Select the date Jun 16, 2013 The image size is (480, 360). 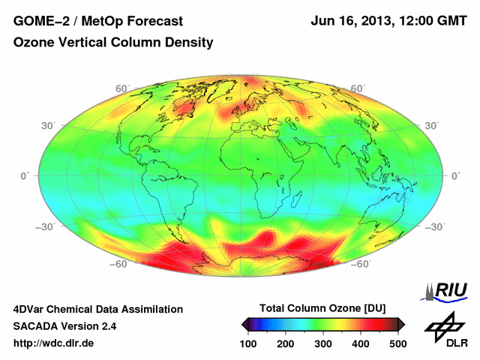click(349, 21)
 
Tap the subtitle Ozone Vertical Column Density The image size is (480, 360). click(113, 43)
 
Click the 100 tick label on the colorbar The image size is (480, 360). click(248, 343)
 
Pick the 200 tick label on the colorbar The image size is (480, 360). click(286, 343)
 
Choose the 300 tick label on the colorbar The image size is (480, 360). click(323, 343)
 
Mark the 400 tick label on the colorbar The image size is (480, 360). click(361, 343)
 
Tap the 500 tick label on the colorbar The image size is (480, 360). click(397, 343)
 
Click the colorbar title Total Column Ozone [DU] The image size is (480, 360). click(322, 309)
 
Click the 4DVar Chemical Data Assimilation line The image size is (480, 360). click(97, 309)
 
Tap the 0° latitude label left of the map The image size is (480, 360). click(23, 175)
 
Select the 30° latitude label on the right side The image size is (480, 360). click(431, 125)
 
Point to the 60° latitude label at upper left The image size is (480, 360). click(121, 88)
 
